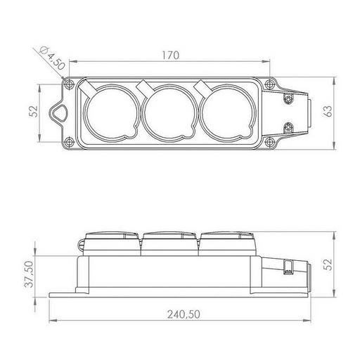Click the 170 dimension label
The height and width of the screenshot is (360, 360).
pos(171,56)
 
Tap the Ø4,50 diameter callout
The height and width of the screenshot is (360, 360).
pos(52,58)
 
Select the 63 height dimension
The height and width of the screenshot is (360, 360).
pos(328,111)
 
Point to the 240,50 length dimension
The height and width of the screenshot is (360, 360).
pos(184,314)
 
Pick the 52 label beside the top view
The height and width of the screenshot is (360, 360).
pos(34,111)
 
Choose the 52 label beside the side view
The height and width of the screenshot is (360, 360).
pos(329,264)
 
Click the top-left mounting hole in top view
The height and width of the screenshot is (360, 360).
pos(69,84)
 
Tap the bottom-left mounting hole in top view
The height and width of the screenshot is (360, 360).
pos(69,142)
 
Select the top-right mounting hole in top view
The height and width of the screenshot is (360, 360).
pos(270,84)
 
